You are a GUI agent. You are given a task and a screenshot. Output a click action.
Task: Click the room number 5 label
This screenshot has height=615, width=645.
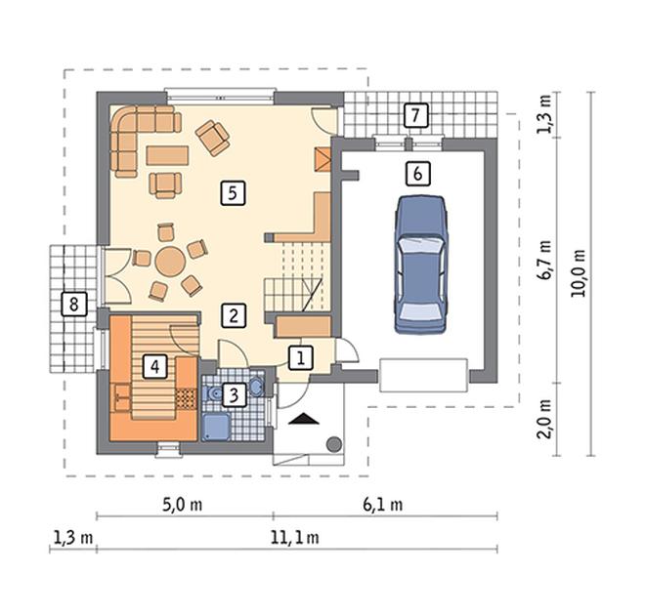[233, 192]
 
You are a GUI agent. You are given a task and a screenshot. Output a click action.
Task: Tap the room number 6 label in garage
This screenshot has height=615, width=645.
[417, 174]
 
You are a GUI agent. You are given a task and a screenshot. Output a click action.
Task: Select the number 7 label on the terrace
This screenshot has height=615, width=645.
[415, 115]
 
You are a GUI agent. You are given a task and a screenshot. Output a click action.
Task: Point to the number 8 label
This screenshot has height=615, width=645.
[74, 304]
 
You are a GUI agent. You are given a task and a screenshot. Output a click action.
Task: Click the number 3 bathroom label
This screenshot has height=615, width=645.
[234, 395]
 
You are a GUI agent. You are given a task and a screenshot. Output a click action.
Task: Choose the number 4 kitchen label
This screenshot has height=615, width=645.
[154, 366]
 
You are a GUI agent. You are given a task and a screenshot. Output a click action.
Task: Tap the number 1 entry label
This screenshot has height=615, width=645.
[301, 358]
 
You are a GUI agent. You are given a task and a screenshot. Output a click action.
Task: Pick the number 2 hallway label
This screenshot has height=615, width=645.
[234, 315]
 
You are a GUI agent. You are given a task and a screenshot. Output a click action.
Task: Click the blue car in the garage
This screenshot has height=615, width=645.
[420, 264]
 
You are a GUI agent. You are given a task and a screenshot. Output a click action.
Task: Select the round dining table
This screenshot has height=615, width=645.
[170, 261]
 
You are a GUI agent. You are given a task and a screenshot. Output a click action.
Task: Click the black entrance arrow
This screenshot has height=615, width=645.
[304, 419]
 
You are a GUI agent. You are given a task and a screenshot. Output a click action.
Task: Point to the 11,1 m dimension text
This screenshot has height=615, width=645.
[294, 537]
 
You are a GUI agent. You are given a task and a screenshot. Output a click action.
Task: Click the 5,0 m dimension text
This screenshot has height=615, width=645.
[182, 505]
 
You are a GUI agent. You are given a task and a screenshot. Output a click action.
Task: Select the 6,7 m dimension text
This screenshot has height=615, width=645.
[544, 260]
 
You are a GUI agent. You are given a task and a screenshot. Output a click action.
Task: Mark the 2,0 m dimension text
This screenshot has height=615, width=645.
[544, 419]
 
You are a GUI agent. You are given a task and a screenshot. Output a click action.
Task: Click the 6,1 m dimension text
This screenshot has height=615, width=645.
[382, 505]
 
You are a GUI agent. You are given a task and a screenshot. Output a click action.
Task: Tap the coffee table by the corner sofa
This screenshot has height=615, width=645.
[167, 155]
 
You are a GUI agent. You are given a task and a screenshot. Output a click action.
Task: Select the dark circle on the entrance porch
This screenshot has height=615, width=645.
[334, 444]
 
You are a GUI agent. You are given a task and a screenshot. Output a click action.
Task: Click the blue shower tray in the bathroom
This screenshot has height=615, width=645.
[216, 427]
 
